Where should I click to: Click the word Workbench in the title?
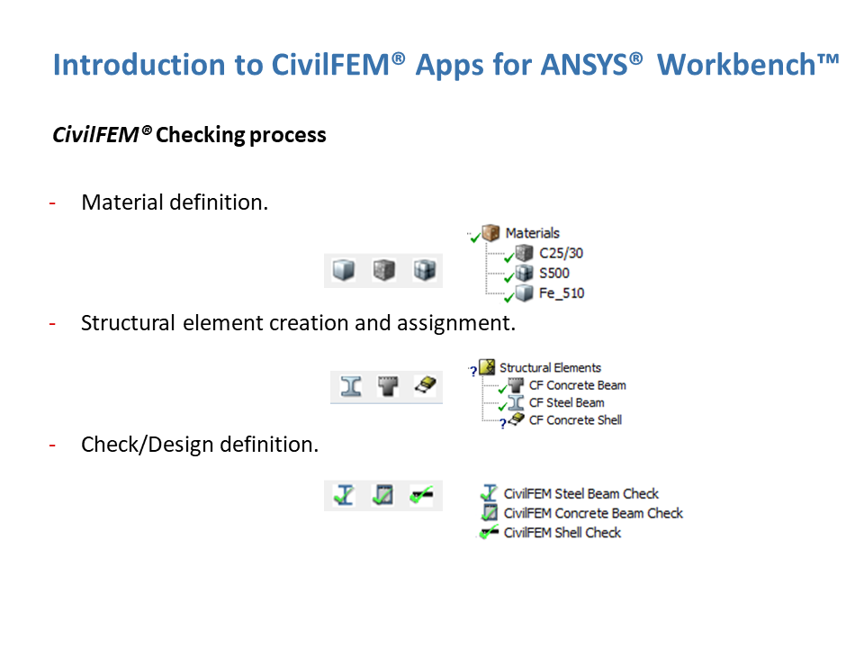[736, 65]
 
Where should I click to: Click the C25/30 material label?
[561, 253]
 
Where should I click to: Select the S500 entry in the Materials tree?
[553, 273]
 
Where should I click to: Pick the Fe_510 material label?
[562, 293]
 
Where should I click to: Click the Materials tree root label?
[532, 233]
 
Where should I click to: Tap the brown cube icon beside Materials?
[490, 232]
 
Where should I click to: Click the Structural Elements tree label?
[550, 367]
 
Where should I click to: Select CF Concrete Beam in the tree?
[578, 385]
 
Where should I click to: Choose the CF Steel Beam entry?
[566, 403]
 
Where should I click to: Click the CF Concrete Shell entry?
[575, 420]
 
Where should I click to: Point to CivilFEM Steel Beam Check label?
[581, 494]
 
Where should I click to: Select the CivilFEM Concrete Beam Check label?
[593, 514]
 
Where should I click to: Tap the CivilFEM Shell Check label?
[562, 533]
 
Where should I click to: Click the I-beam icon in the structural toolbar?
[351, 386]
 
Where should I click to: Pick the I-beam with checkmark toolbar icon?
[344, 495]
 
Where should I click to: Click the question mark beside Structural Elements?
[472, 371]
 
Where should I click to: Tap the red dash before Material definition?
[52, 203]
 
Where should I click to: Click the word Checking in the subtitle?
[199, 136]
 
